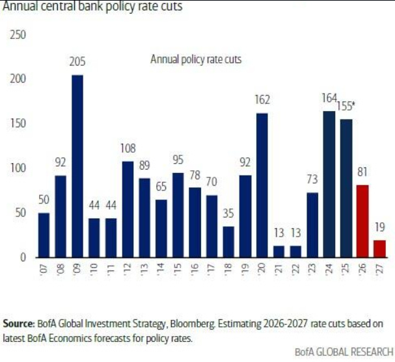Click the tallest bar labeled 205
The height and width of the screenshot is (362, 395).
[77, 166]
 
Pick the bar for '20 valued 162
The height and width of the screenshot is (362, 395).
[262, 185]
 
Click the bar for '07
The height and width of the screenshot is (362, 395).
[44, 235]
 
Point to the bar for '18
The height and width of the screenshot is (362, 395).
[228, 242]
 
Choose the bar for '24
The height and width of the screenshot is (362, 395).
[330, 185]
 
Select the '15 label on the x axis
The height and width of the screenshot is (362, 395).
[178, 268]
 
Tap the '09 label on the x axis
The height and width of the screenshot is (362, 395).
[77, 268]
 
